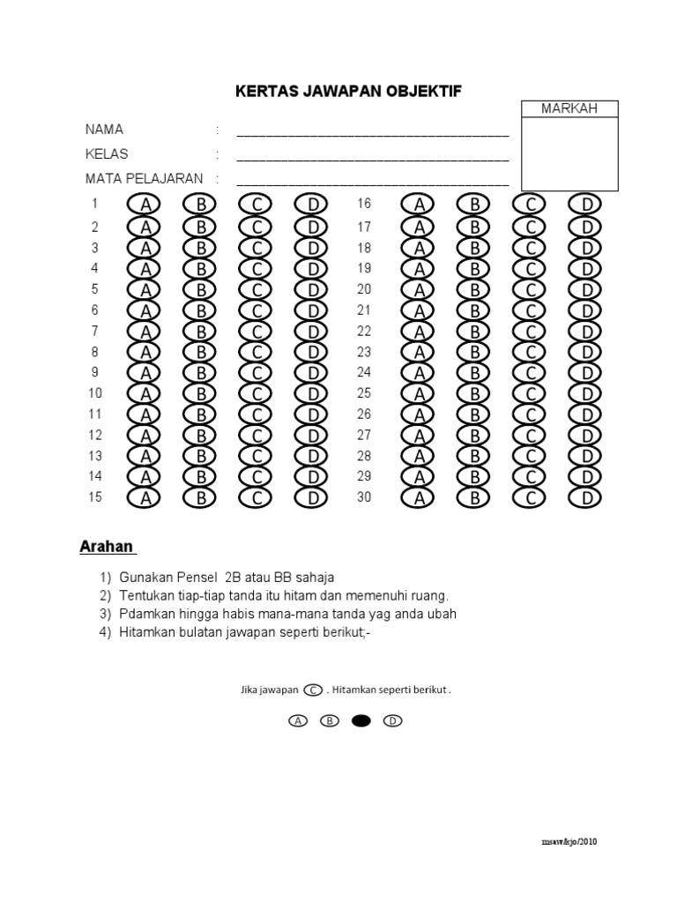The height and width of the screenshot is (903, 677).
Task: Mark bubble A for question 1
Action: [x=145, y=205]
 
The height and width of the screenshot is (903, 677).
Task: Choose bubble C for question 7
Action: [x=256, y=332]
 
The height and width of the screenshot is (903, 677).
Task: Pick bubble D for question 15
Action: [x=311, y=498]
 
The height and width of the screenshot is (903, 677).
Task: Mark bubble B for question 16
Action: [x=475, y=205]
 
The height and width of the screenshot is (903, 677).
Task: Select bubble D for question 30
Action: [x=585, y=498]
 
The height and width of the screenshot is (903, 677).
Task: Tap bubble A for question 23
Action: [x=420, y=353]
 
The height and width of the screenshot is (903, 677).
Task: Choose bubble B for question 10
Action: [x=200, y=394]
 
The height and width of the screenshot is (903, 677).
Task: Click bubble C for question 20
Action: [x=531, y=290]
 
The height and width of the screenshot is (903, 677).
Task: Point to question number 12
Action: [x=95, y=435]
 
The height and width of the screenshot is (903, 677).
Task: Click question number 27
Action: [x=364, y=435]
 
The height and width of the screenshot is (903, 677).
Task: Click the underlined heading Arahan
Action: [x=107, y=547]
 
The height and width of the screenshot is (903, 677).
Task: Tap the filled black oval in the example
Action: [x=361, y=720]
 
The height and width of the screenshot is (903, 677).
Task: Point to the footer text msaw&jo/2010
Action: [x=569, y=842]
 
